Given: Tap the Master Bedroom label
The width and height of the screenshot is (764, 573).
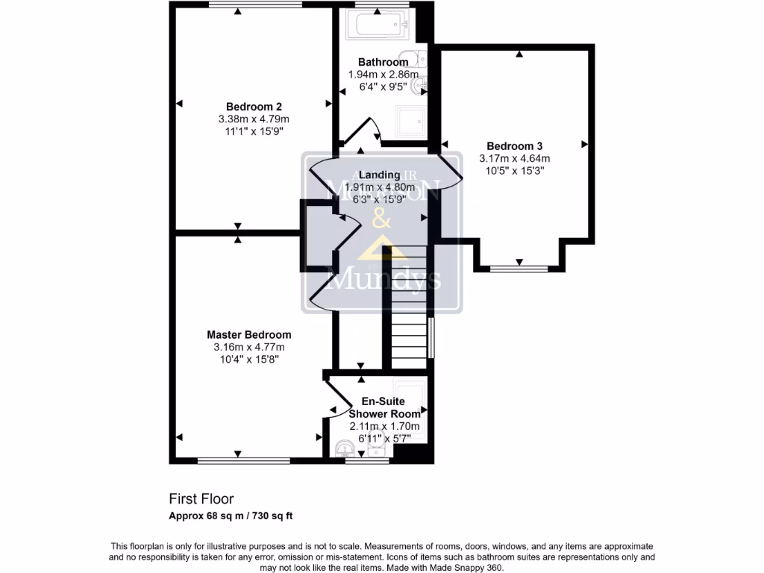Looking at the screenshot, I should pos(249,335).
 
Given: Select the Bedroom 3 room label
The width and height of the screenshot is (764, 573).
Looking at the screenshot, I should pos(514,146).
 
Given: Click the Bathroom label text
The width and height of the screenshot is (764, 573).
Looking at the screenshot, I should pos(382,62).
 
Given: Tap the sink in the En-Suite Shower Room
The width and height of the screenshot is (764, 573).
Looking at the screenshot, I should pos(345,448).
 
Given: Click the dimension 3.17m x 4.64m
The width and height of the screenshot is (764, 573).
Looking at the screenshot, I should pos(514,158).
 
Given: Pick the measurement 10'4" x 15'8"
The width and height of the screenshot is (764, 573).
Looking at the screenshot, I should pos(249,359).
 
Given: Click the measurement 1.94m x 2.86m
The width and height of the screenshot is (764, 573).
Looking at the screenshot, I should pos(382,75).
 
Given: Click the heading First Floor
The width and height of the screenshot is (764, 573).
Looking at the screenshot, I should pos(201,499).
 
